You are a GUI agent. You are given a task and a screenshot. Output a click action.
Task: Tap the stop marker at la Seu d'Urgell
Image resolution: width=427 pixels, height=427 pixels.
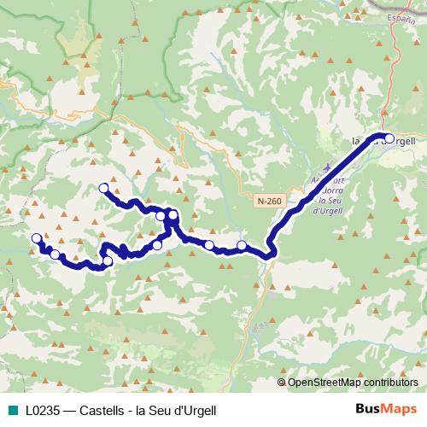tap(389, 138)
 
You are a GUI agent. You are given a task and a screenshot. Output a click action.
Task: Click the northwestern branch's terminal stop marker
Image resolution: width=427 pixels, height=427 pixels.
tap(104, 188)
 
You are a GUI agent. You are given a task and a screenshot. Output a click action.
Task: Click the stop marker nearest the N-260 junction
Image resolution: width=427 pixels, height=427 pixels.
tap(242, 246)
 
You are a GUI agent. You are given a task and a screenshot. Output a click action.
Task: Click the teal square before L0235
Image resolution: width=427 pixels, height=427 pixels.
tap(10, 411)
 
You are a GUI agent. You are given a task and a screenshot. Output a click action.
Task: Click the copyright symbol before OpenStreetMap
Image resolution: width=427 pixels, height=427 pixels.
tap(282, 383)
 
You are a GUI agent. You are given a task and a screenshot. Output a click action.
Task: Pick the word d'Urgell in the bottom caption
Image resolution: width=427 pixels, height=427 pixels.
tap(196, 411)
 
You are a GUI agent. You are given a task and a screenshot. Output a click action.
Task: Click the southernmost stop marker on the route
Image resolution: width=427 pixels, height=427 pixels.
tap(108, 261)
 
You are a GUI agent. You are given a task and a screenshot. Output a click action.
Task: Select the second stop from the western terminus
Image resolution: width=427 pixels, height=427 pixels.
tap(55, 254)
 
